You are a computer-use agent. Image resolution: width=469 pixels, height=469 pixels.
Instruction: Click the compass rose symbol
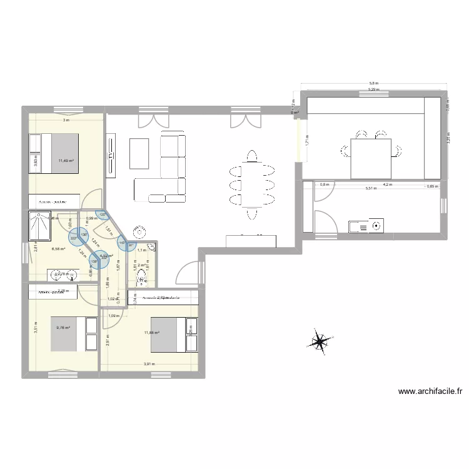coord(320,341)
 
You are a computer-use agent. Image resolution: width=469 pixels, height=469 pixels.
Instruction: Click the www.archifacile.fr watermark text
coord(431,392)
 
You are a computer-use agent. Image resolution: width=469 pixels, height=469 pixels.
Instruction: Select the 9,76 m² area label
coord(62,327)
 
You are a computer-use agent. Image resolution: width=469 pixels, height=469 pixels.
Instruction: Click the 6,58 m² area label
coord(58,249)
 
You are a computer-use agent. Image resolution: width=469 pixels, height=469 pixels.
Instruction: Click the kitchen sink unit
coord(365,226)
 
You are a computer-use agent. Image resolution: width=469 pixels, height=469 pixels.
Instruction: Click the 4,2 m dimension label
coord(387,184)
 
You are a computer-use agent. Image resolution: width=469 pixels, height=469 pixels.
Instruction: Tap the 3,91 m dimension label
coord(149,364)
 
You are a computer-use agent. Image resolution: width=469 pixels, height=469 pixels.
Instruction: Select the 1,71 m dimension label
coord(307,142)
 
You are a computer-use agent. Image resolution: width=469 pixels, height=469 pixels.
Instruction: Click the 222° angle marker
coord(74,238)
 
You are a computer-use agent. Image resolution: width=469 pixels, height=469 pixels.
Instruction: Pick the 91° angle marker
coord(132,245)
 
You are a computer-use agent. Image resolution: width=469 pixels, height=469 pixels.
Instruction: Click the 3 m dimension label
coord(64,120)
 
